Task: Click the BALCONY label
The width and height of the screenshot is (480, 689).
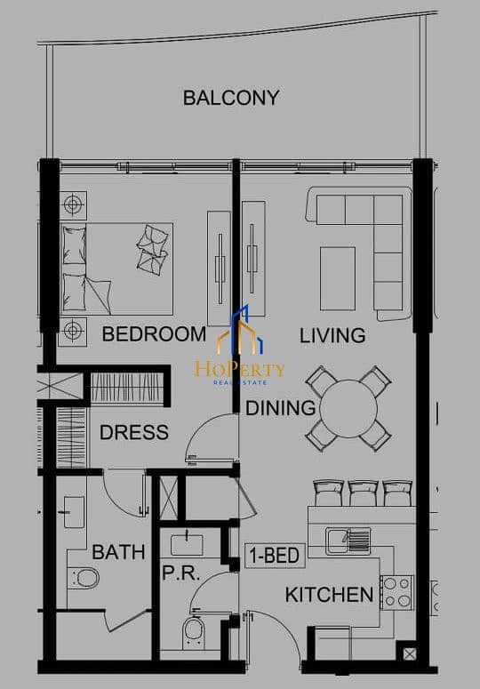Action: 231,98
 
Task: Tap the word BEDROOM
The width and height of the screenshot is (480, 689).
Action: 154,334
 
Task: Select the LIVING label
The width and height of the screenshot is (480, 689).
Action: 332,336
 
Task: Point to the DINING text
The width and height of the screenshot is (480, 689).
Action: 281,408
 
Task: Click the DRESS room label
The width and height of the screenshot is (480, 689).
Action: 134,432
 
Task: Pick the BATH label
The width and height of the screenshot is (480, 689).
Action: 118,552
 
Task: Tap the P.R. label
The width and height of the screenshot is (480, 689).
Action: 181,573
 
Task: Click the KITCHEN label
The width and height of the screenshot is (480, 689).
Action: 330,595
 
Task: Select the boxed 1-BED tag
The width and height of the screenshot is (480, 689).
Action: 275,556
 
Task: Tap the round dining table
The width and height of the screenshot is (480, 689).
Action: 348,409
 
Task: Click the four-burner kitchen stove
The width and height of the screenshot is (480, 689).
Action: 397,592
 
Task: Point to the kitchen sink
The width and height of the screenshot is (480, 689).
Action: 348,541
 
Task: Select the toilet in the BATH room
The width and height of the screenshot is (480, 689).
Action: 84,578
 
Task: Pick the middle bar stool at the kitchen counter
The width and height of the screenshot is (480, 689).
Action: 363,493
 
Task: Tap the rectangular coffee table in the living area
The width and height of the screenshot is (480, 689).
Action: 337,278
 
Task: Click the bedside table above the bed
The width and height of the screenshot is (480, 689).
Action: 74,205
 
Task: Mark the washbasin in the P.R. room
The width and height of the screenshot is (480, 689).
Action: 187,544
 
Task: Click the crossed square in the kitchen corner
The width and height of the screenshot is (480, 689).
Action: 409,654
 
